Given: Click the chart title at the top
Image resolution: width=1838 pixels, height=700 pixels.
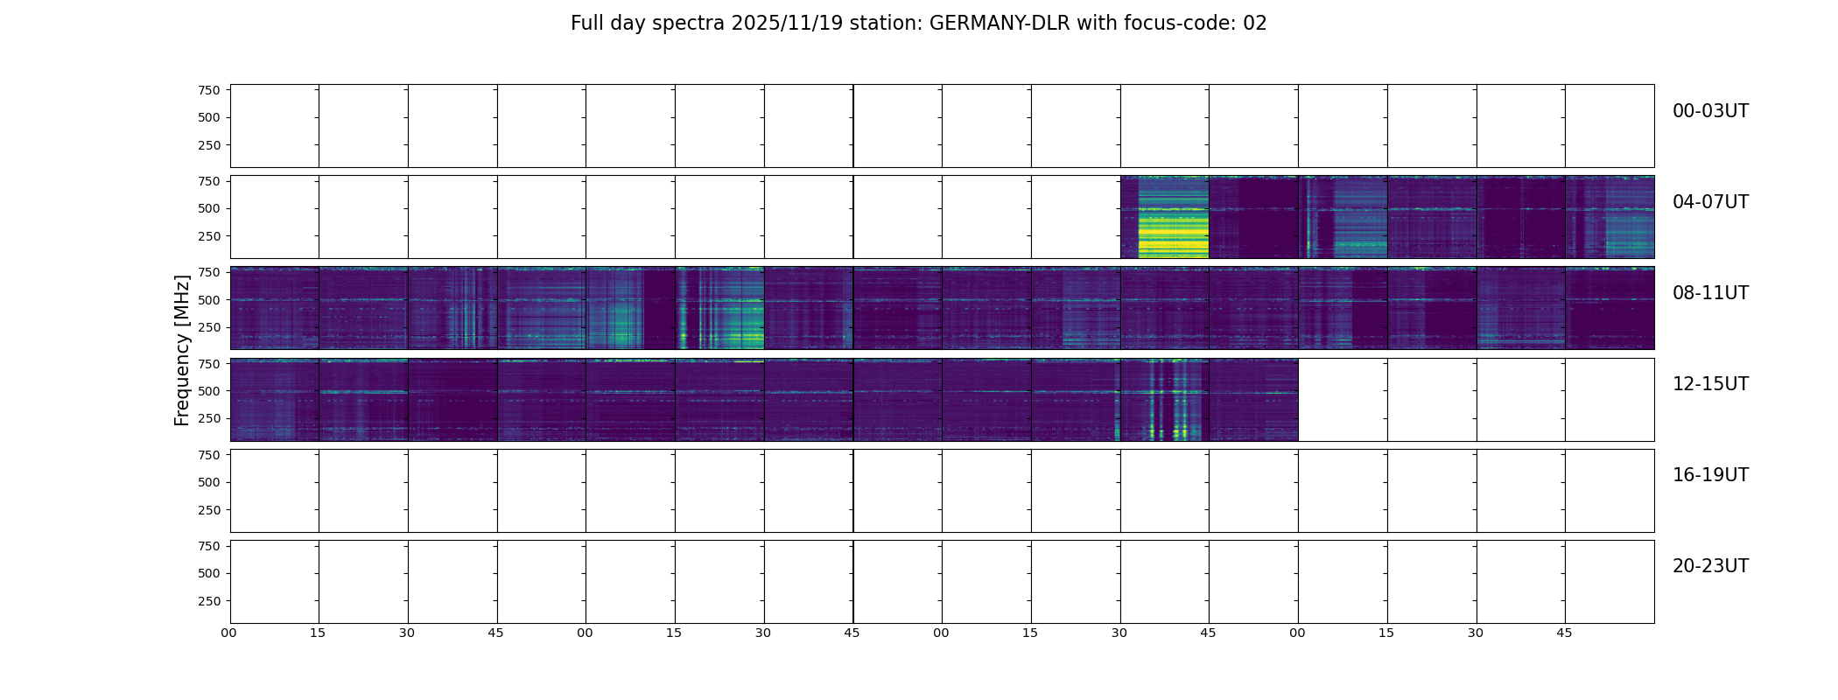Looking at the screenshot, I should click(918, 24).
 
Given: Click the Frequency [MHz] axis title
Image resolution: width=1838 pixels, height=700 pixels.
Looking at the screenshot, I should click(182, 350).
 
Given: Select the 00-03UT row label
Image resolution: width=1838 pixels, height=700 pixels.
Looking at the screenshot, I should click(1710, 111).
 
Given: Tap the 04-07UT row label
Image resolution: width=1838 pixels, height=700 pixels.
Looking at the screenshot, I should click(1710, 202).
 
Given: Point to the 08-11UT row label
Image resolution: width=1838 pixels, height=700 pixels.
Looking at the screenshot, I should click(1710, 293).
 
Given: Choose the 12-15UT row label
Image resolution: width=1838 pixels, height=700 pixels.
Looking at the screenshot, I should click(1710, 384).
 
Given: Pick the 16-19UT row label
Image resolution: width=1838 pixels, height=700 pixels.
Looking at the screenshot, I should click(1710, 475).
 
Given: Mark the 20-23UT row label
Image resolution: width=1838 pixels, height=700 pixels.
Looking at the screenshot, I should click(1710, 566).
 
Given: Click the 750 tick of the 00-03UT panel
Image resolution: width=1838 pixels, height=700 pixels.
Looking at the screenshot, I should click(208, 90).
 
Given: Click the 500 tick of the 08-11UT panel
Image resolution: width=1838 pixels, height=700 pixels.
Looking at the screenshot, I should click(208, 300).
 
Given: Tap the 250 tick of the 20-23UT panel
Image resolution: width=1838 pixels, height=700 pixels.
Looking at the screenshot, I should click(208, 601).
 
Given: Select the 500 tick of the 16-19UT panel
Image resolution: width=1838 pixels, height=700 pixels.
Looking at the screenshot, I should click(208, 482).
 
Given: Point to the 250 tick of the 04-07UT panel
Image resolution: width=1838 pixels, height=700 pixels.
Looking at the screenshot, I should click(208, 236).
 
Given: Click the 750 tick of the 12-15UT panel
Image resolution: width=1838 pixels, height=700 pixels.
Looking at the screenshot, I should click(208, 363).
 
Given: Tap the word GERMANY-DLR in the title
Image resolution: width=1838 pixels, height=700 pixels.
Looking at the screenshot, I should click(1000, 24).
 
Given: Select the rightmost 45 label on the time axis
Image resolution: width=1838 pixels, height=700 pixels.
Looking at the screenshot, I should click(1564, 633).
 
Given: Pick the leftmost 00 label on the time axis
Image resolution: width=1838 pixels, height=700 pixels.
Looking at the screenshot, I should click(229, 633).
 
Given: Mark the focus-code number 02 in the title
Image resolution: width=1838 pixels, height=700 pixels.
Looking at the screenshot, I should click(1255, 24).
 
